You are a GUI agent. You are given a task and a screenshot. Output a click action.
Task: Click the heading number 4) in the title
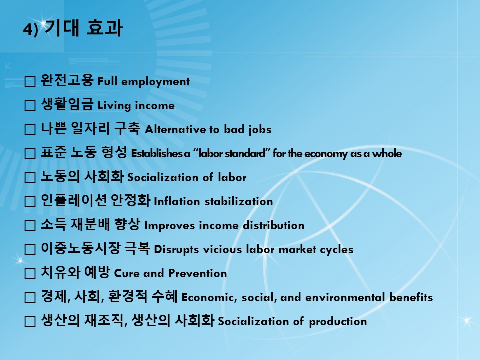(30, 30)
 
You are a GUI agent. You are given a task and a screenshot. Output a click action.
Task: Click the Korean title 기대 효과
(83, 28)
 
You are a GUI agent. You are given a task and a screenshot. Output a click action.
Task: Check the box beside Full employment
(30, 81)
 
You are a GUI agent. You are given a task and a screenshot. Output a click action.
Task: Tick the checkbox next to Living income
(30, 105)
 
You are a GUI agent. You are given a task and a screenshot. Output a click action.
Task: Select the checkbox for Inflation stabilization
(30, 201)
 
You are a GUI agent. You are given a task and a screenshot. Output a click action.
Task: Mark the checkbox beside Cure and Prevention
(30, 273)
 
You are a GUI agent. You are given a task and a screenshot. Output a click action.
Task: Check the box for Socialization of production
(30, 321)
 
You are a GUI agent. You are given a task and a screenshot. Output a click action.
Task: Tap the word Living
(114, 106)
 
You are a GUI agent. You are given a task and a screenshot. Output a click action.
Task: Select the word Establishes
(157, 153)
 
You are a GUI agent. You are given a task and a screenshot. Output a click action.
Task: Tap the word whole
(387, 153)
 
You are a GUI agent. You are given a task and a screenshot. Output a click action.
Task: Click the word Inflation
(177, 201)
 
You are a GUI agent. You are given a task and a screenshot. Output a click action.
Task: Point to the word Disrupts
(177, 250)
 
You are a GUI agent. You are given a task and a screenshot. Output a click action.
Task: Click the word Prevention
(198, 273)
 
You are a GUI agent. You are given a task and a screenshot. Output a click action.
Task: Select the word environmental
(345, 297)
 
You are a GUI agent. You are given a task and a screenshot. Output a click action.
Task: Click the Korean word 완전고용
(67, 80)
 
